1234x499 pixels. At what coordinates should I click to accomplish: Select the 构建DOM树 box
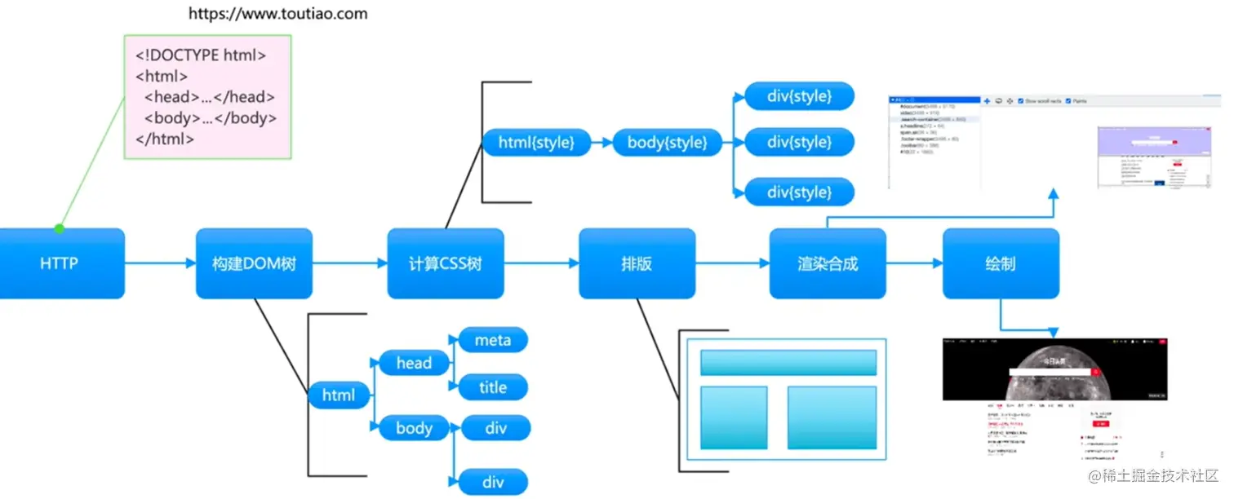click(x=254, y=263)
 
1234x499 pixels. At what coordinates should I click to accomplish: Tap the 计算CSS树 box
click(x=446, y=263)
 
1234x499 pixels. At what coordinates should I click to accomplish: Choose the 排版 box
click(x=637, y=263)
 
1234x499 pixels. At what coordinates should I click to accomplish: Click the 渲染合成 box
click(x=828, y=263)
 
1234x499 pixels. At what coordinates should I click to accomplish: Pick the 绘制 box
click(x=1001, y=263)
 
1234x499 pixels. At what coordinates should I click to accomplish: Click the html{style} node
click(x=536, y=143)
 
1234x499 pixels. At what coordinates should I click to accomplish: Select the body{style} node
click(x=667, y=143)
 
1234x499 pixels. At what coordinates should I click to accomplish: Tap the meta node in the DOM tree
click(x=493, y=340)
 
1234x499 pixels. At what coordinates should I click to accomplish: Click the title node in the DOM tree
click(x=493, y=387)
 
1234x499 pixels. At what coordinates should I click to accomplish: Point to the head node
click(x=414, y=363)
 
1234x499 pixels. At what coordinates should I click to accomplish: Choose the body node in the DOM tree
click(x=414, y=427)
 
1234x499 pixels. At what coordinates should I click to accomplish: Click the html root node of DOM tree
click(x=339, y=395)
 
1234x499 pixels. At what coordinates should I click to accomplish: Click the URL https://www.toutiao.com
click(x=278, y=14)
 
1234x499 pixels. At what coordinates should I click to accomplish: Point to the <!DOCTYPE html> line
click(x=201, y=56)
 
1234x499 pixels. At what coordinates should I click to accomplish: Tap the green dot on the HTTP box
click(x=59, y=228)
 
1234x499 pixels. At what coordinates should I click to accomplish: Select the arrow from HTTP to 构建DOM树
click(x=160, y=263)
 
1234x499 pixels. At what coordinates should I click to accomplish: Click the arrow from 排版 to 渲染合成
click(x=732, y=263)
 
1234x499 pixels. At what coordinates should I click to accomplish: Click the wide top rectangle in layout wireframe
click(x=788, y=362)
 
